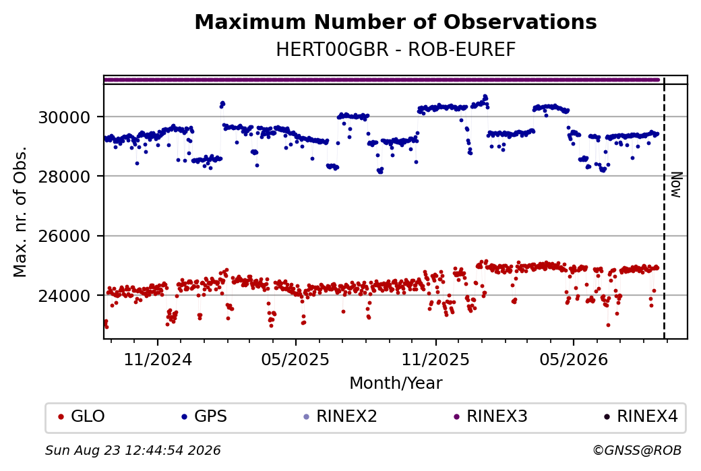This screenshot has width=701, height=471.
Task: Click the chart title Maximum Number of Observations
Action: tap(396, 22)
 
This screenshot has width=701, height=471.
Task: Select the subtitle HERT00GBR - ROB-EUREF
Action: tap(396, 50)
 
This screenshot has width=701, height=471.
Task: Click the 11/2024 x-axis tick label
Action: tap(157, 359)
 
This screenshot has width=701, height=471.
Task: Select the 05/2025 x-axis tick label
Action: tap(295, 359)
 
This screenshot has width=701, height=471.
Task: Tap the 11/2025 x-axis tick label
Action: tap(435, 359)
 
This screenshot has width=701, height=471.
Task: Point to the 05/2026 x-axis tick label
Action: tap(574, 359)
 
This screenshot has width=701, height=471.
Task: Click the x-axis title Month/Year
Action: tap(396, 383)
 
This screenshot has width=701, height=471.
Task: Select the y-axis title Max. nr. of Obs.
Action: tap(20, 212)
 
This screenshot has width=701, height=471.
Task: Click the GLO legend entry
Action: tap(82, 416)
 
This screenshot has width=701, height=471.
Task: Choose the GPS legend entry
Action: tap(204, 416)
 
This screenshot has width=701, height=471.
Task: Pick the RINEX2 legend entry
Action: tap(340, 416)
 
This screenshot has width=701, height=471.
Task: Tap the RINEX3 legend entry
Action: tap(491, 416)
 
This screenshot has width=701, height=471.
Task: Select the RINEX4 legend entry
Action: tap(640, 416)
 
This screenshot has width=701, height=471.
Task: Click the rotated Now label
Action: tap(677, 185)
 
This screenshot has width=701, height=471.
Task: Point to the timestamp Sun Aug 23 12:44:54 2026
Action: tap(133, 450)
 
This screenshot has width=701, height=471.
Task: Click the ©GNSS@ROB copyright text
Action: tap(637, 450)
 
